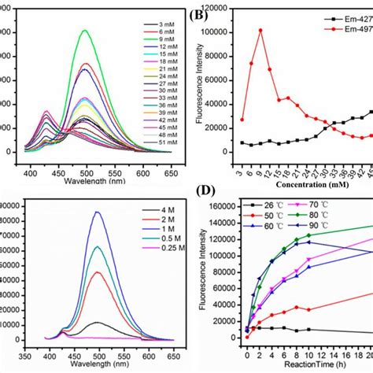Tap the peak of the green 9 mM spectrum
tap(85, 30)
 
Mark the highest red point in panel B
tap(260, 31)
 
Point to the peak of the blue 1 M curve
tap(98, 212)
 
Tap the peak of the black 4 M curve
tap(96, 323)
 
